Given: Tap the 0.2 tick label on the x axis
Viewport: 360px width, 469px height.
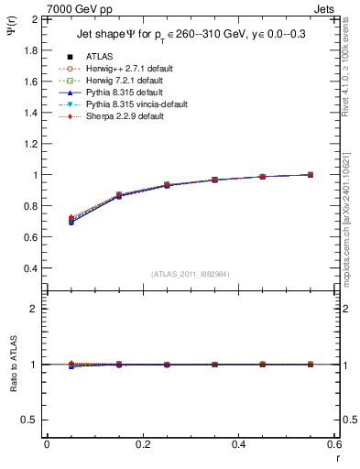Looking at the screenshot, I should click(142, 444).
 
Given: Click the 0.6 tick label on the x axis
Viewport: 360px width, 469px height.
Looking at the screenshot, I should click(333, 444).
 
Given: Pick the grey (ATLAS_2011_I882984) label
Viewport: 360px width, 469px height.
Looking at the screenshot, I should click(189, 274).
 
